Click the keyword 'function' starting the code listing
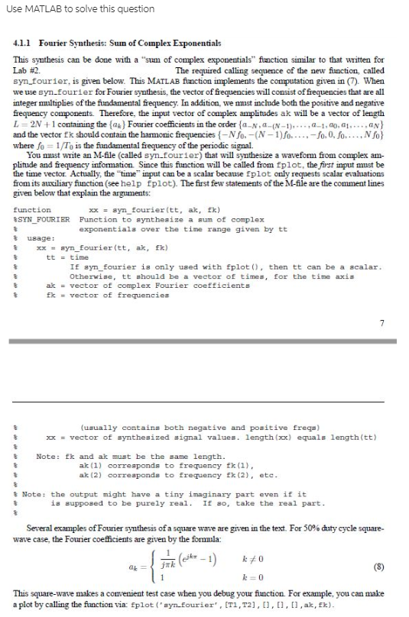[x=31, y=208]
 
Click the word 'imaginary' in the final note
[x=226, y=494]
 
